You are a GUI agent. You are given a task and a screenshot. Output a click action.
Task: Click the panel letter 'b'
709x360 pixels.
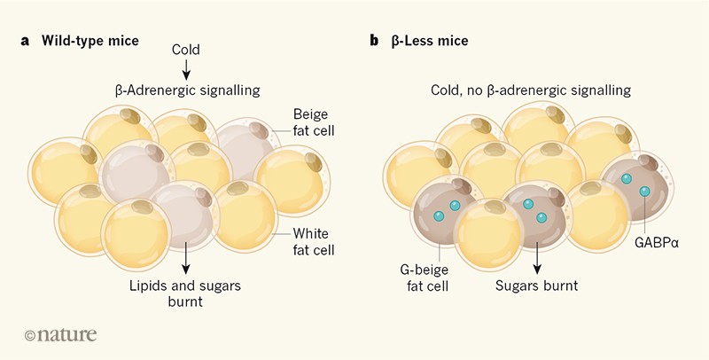[x=376, y=41]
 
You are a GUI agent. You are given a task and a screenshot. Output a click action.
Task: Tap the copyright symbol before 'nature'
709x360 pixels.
[x=33, y=335]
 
